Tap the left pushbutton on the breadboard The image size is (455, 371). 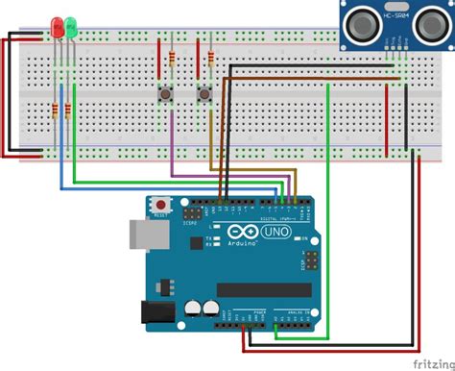tap(164, 93)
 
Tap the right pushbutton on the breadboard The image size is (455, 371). tap(204, 93)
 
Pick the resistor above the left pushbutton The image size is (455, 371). tap(171, 59)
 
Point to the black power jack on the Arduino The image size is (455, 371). tap(155, 311)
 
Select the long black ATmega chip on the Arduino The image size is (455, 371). tap(264, 290)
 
